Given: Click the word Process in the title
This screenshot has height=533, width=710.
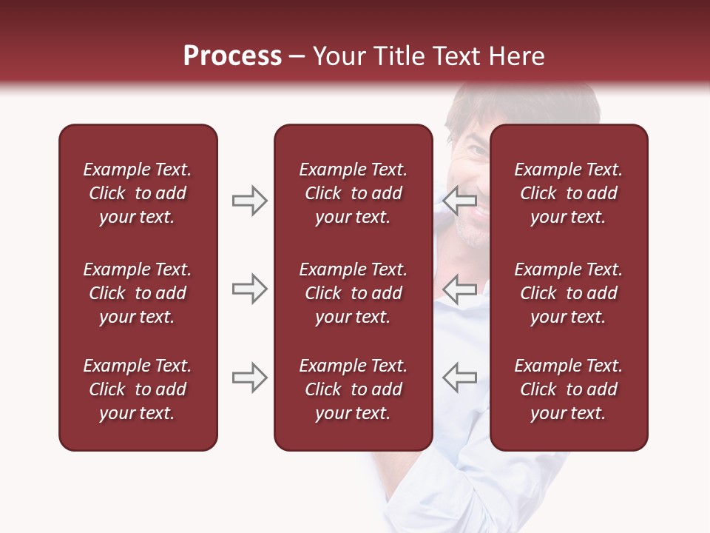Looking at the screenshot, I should click(232, 56).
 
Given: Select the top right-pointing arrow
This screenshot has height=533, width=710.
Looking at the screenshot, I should click(249, 201).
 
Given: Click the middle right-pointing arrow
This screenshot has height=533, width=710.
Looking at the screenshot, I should click(249, 289).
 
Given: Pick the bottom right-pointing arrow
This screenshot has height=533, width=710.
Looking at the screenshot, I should click(249, 378).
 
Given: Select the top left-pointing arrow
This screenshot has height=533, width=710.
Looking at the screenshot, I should click(460, 201).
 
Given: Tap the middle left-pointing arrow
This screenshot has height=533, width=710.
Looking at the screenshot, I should click(460, 289).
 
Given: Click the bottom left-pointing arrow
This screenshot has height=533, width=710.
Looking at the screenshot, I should click(460, 378).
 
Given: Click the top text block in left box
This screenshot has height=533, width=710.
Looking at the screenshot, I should click(138, 193).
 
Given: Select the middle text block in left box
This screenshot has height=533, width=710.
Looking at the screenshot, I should click(138, 293).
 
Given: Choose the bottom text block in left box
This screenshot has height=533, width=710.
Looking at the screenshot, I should click(138, 389).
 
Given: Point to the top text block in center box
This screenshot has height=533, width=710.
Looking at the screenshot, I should click(353, 193).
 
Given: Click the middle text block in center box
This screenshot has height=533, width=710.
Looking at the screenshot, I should click(353, 293).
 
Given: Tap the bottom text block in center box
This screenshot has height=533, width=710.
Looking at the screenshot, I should click(353, 389).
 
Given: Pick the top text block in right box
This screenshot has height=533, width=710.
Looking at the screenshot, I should click(568, 193).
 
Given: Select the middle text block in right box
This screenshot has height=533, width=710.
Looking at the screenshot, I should click(568, 293).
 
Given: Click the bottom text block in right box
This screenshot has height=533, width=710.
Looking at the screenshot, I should click(568, 389).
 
